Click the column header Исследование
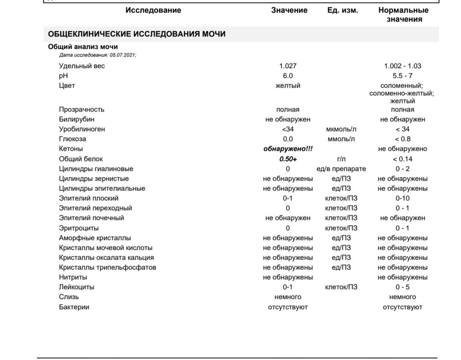[x=153, y=10]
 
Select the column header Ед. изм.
[x=343, y=10]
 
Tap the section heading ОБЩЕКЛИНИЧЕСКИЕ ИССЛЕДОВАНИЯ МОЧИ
[x=137, y=34]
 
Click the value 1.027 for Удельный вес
[x=288, y=66]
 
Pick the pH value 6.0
[x=288, y=76]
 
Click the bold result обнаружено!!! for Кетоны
[x=288, y=149]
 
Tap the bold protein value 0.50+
[x=288, y=159]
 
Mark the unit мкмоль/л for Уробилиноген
[x=341, y=129]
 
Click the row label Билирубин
[x=77, y=119]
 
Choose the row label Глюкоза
[x=72, y=139]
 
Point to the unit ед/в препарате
[x=341, y=169]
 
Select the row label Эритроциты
[x=79, y=228]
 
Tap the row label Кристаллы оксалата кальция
[x=106, y=258]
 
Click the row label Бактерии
[x=74, y=307]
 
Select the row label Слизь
[x=69, y=297]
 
